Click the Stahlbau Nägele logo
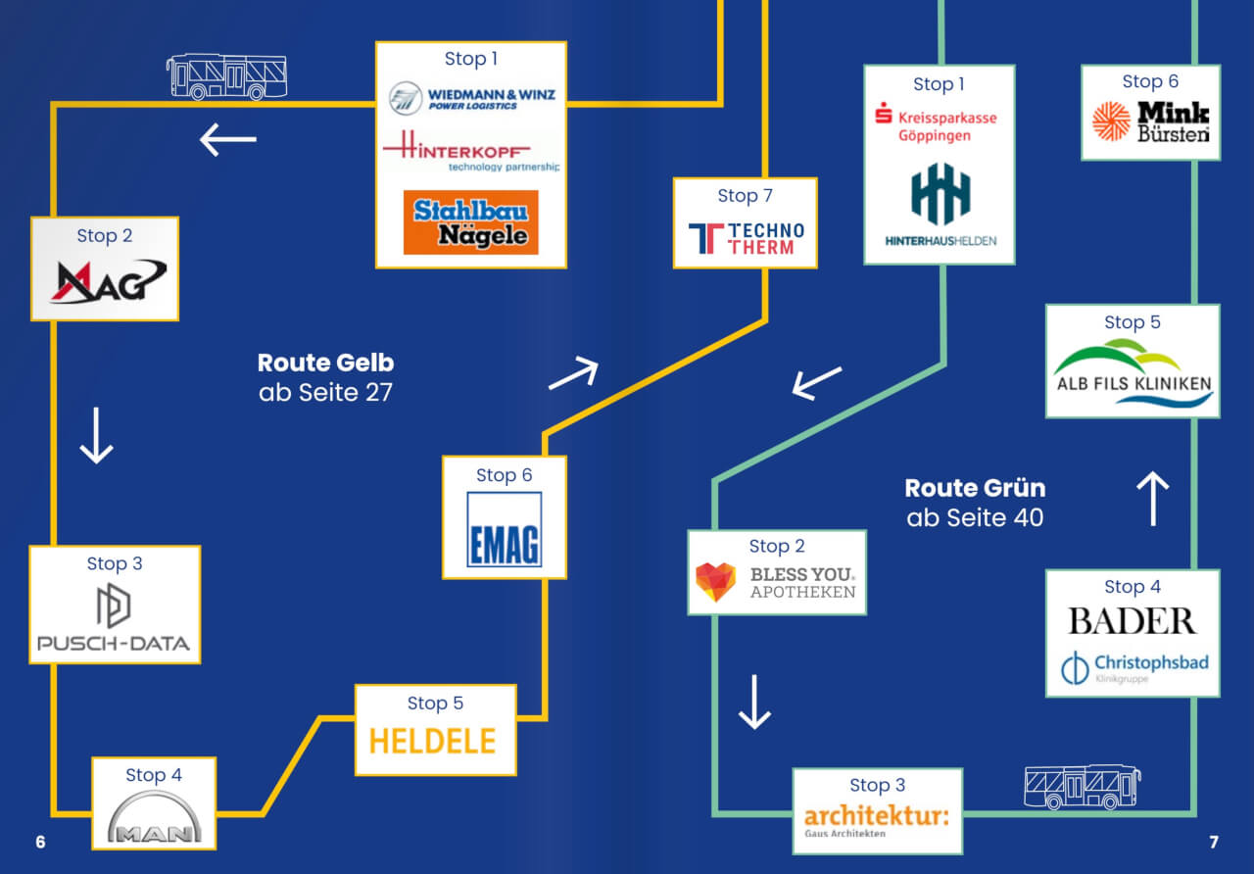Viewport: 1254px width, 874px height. click(x=470, y=222)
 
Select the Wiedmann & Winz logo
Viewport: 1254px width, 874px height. click(x=471, y=97)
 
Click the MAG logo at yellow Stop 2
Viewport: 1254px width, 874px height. click(x=106, y=282)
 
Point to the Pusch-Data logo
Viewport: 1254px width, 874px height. click(x=114, y=623)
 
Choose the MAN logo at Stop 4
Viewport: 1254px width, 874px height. click(x=154, y=819)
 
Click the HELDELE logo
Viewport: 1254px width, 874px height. click(x=432, y=740)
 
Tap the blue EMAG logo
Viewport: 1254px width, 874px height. click(x=504, y=529)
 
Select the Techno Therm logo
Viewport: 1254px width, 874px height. click(x=746, y=238)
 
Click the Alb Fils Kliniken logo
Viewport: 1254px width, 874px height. click(x=1133, y=372)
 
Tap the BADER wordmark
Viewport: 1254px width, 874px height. click(x=1132, y=620)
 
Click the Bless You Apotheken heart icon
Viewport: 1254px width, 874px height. click(x=715, y=582)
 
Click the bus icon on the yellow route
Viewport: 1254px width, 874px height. click(x=226, y=76)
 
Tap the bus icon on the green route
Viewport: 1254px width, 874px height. click(x=1082, y=787)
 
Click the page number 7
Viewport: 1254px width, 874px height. click(x=1213, y=842)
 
